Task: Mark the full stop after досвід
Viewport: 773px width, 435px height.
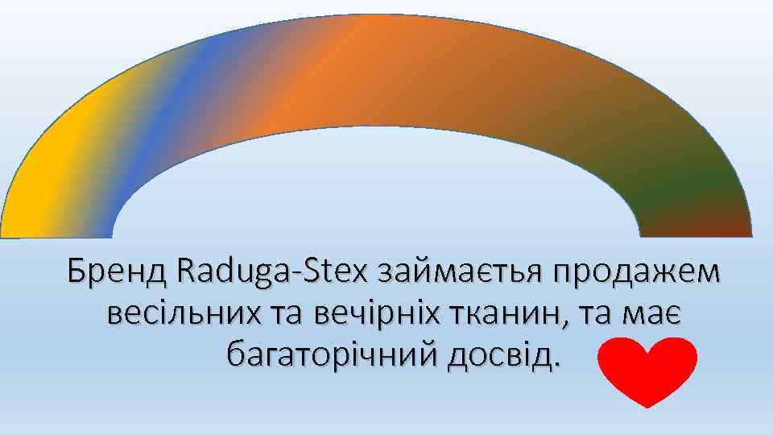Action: pyautogui.click(x=555, y=362)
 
